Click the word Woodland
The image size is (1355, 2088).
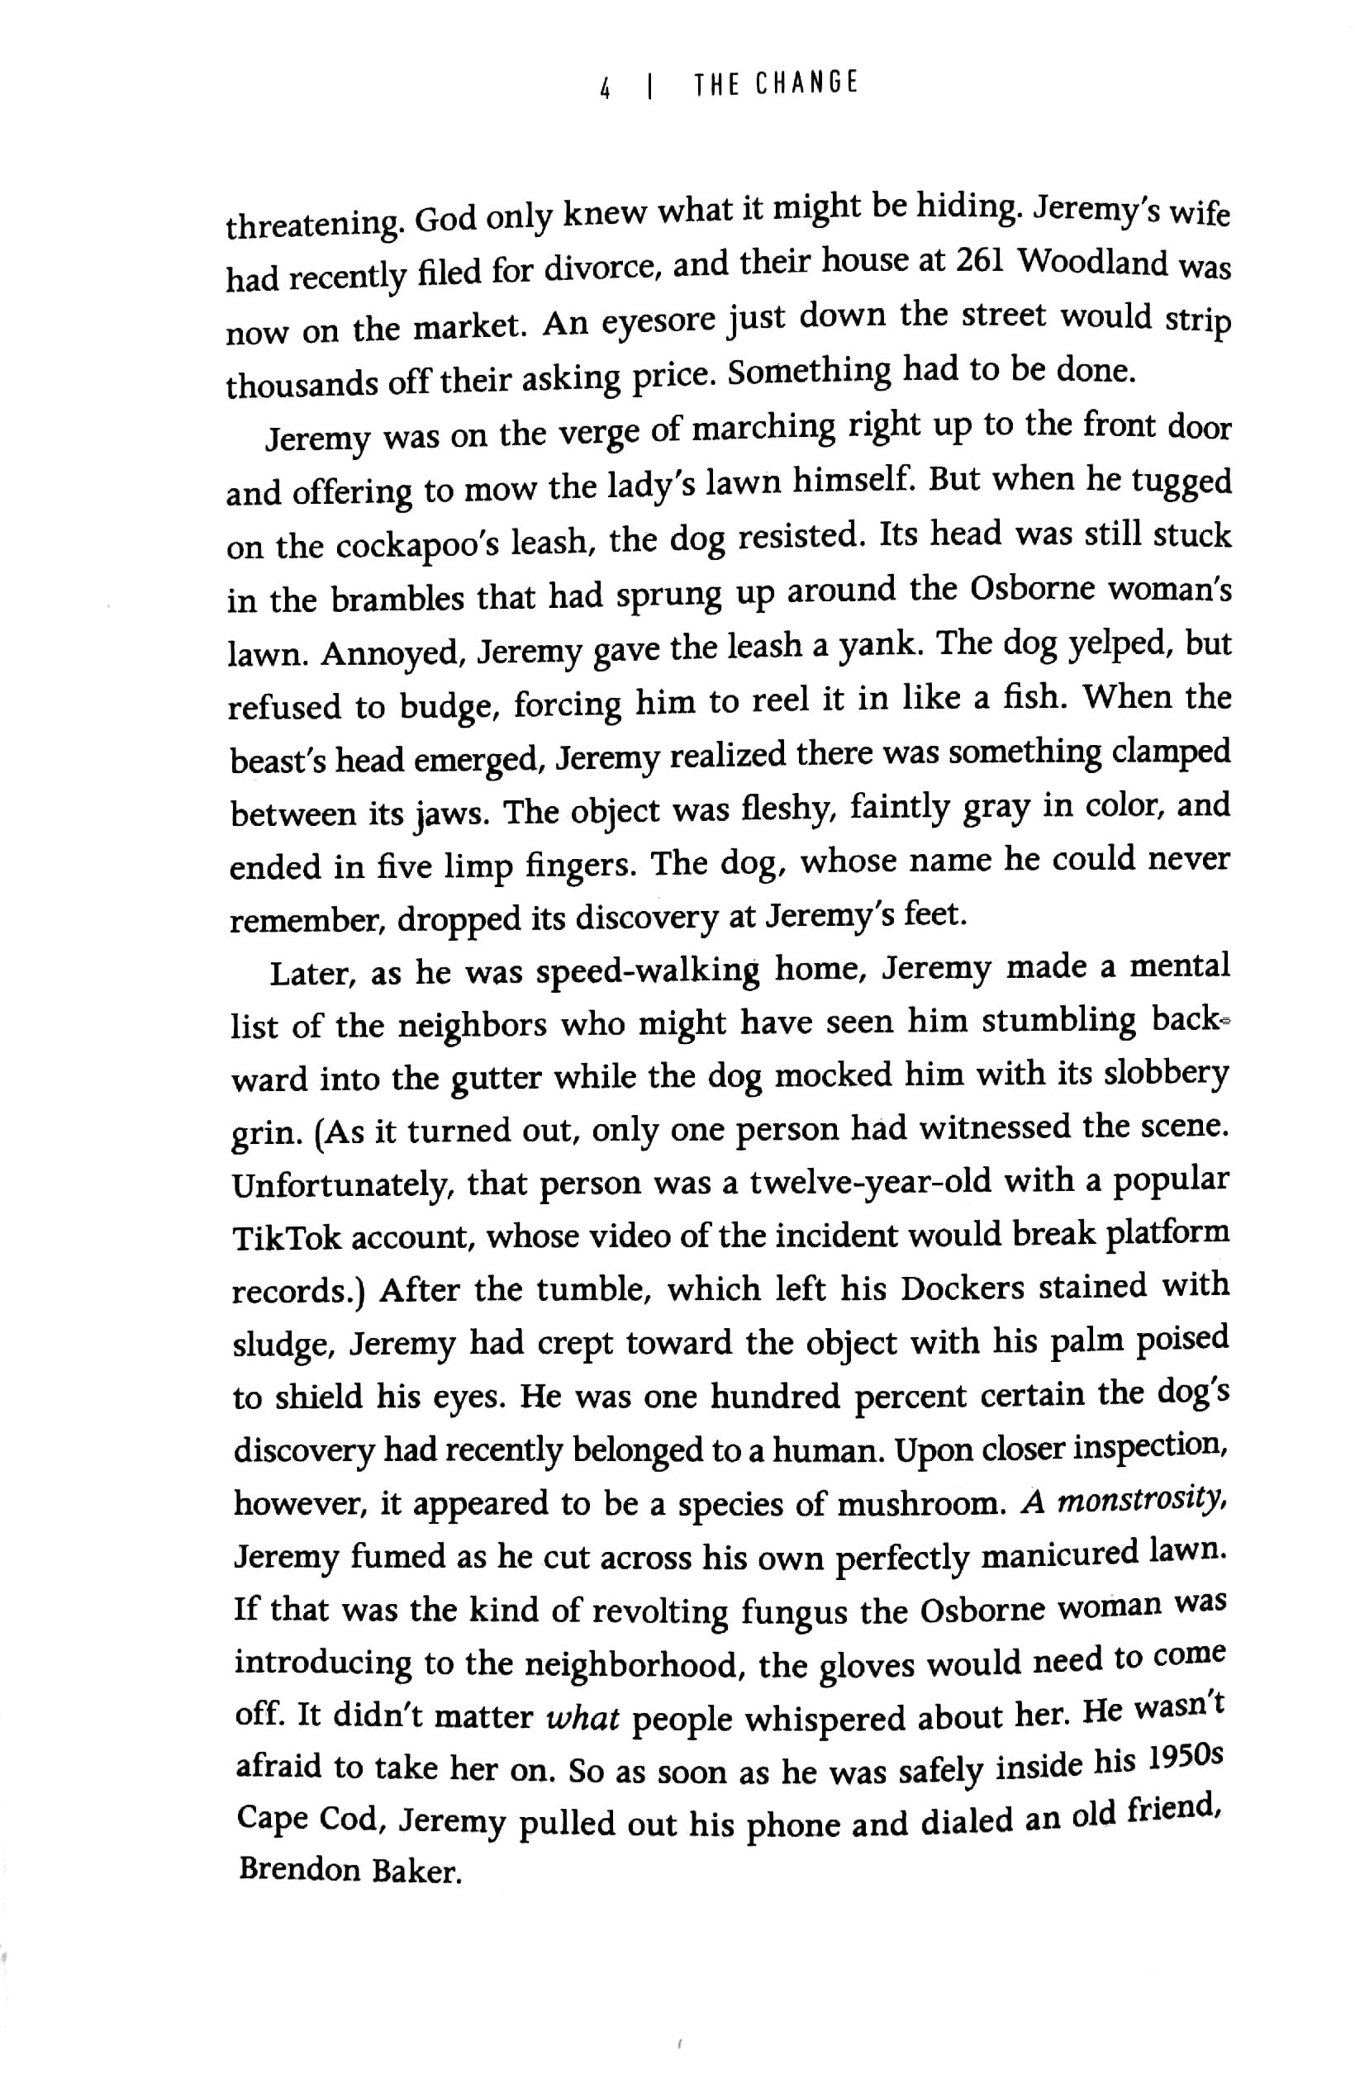pyautogui.click(x=1095, y=263)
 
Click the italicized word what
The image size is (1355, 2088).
pyautogui.click(x=582, y=1718)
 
